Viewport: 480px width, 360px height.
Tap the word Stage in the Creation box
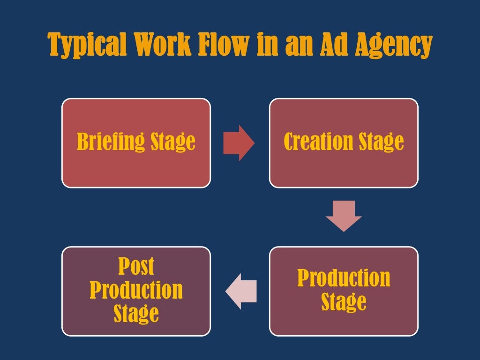point(381,142)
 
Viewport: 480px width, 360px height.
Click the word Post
point(136,267)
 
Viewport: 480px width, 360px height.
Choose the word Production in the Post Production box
point(136,290)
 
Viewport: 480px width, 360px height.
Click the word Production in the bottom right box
point(344,278)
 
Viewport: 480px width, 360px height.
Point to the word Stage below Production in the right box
point(344,302)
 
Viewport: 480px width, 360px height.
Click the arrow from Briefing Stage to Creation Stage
point(239,143)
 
